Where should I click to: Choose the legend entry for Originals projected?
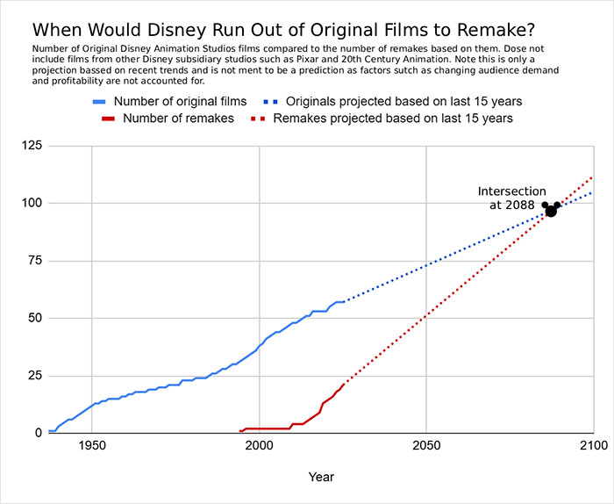tap(433, 101)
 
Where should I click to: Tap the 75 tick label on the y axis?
tap(33, 261)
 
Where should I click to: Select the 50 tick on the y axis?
tap(33, 318)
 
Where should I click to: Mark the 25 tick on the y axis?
tap(33, 376)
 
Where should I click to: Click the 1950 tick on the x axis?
tap(91, 446)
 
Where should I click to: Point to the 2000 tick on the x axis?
tap(259, 446)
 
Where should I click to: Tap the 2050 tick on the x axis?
tap(426, 446)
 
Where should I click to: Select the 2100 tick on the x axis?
tap(593, 446)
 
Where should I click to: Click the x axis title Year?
tap(320, 477)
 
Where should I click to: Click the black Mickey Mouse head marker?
tap(551, 210)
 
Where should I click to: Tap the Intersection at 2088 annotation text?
tap(512, 198)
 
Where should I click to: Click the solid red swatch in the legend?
tap(107, 118)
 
